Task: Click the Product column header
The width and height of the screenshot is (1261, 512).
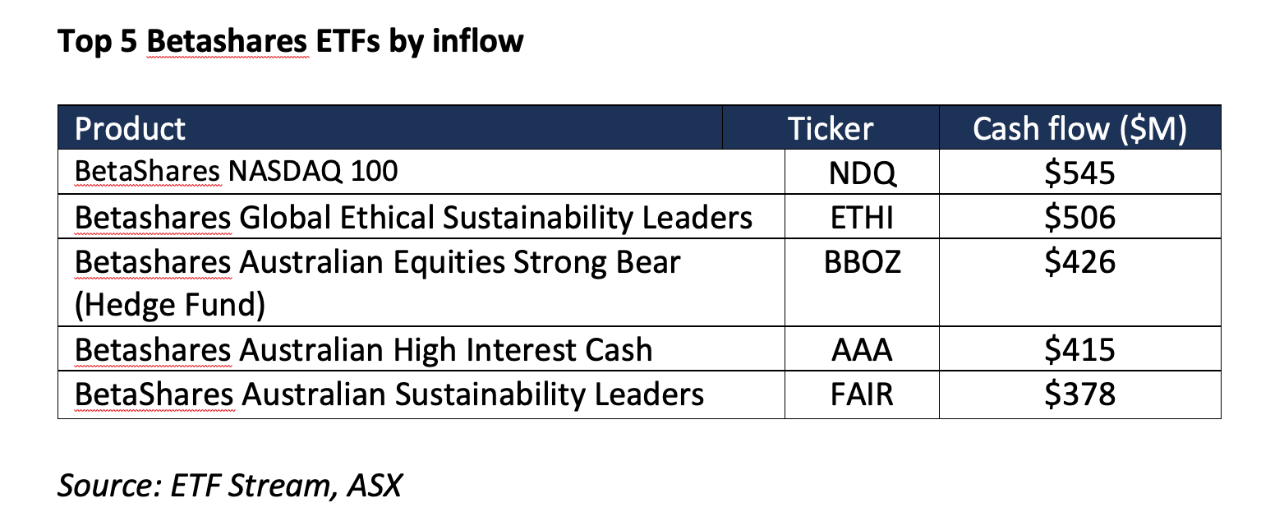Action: click(x=130, y=128)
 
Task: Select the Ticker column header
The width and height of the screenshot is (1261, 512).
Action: click(x=831, y=128)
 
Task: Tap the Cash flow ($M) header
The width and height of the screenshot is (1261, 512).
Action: click(x=1079, y=129)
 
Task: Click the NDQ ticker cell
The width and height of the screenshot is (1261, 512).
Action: click(x=862, y=173)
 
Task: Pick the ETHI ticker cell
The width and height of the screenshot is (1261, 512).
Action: click(x=862, y=218)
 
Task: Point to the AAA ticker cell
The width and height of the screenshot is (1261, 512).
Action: click(x=862, y=350)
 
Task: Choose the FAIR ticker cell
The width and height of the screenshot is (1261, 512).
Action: click(x=862, y=394)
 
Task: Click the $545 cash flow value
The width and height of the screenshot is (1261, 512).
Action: click(x=1079, y=173)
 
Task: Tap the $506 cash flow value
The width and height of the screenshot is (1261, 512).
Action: click(x=1079, y=218)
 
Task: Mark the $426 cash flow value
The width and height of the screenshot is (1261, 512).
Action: click(x=1079, y=262)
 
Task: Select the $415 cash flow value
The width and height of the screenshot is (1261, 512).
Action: click(x=1079, y=350)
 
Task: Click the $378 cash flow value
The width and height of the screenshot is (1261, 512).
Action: click(x=1079, y=394)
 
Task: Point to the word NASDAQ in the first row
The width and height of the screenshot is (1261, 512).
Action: click(x=285, y=171)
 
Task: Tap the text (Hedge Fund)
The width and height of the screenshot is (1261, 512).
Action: click(x=169, y=305)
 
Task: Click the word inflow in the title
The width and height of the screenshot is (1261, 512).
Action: click(x=478, y=40)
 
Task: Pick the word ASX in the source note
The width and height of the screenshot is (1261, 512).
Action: click(x=375, y=485)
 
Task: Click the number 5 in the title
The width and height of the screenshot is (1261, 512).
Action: click(x=128, y=41)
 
